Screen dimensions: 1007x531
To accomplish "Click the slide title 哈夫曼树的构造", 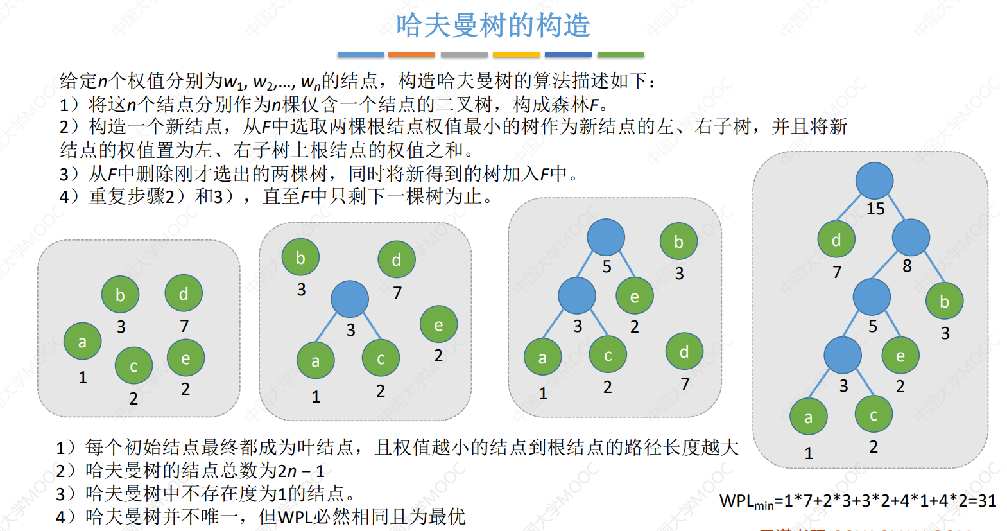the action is coord(493,25).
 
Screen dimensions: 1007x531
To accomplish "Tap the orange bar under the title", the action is coord(411,55).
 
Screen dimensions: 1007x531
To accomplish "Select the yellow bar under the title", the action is coord(516,55).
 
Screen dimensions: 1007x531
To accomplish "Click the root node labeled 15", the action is coord(874,181).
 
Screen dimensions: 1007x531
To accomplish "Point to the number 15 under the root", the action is coord(875,209).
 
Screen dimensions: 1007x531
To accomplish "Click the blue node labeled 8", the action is coord(911,238).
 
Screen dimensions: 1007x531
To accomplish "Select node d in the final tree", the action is coord(836,239).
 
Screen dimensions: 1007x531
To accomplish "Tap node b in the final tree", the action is coord(945,301).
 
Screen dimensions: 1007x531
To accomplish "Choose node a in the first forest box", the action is coord(82,341).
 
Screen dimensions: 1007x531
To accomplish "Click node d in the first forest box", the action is coord(184,293).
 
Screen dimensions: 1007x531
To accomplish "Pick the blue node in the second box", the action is coord(350,299).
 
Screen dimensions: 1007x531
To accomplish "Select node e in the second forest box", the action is coord(439,324).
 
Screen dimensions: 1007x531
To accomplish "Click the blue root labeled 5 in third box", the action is coord(606,238).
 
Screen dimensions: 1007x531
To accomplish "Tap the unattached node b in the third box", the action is coord(679,241).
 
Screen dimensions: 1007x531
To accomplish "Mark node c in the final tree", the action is coord(874,415).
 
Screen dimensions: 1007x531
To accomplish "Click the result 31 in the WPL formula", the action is coord(987,501).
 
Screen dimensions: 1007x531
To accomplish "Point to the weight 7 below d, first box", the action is coord(184,326).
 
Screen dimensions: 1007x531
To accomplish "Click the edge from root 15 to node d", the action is coord(848,208).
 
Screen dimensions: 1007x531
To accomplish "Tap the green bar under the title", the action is coord(621,55).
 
